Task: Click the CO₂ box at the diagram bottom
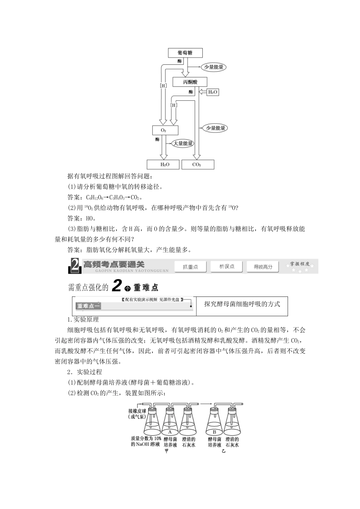197,164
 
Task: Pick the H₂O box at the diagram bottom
164,164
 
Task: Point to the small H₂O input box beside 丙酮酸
213,92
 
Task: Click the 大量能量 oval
183,144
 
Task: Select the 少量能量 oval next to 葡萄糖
213,67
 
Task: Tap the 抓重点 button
190,267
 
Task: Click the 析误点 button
227,267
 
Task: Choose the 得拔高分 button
263,267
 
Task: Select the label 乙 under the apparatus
224,451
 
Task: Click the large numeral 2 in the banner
75,266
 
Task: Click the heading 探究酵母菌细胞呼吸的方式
242,304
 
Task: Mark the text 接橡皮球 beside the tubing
138,411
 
